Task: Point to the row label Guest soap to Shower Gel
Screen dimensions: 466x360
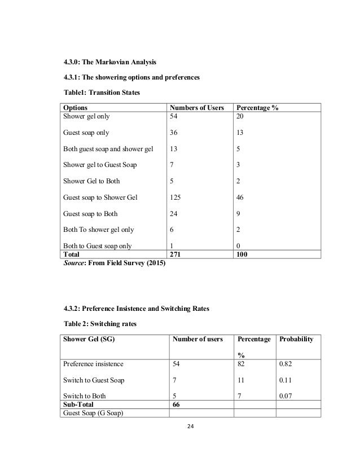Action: point(100,197)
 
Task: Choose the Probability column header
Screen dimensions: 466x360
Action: point(297,338)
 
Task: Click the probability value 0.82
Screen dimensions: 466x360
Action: point(285,364)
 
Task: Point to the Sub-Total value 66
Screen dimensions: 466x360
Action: point(177,405)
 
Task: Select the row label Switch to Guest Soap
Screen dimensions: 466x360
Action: point(94,380)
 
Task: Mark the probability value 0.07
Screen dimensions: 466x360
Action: point(285,396)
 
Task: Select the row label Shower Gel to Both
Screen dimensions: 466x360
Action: point(91,181)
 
